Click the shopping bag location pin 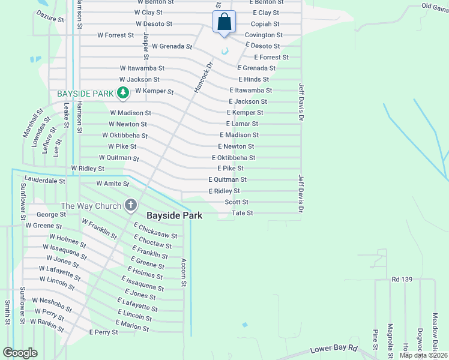click(224, 22)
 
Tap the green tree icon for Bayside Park click(123, 92)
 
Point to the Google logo click(20, 353)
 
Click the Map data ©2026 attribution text click(423, 355)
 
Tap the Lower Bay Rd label click(333, 349)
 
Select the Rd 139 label click(403, 280)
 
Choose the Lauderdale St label click(44, 180)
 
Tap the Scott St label click(237, 202)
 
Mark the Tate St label click(243, 213)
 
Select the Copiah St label click(265, 24)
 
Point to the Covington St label click(264, 35)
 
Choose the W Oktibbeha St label click(124, 136)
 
